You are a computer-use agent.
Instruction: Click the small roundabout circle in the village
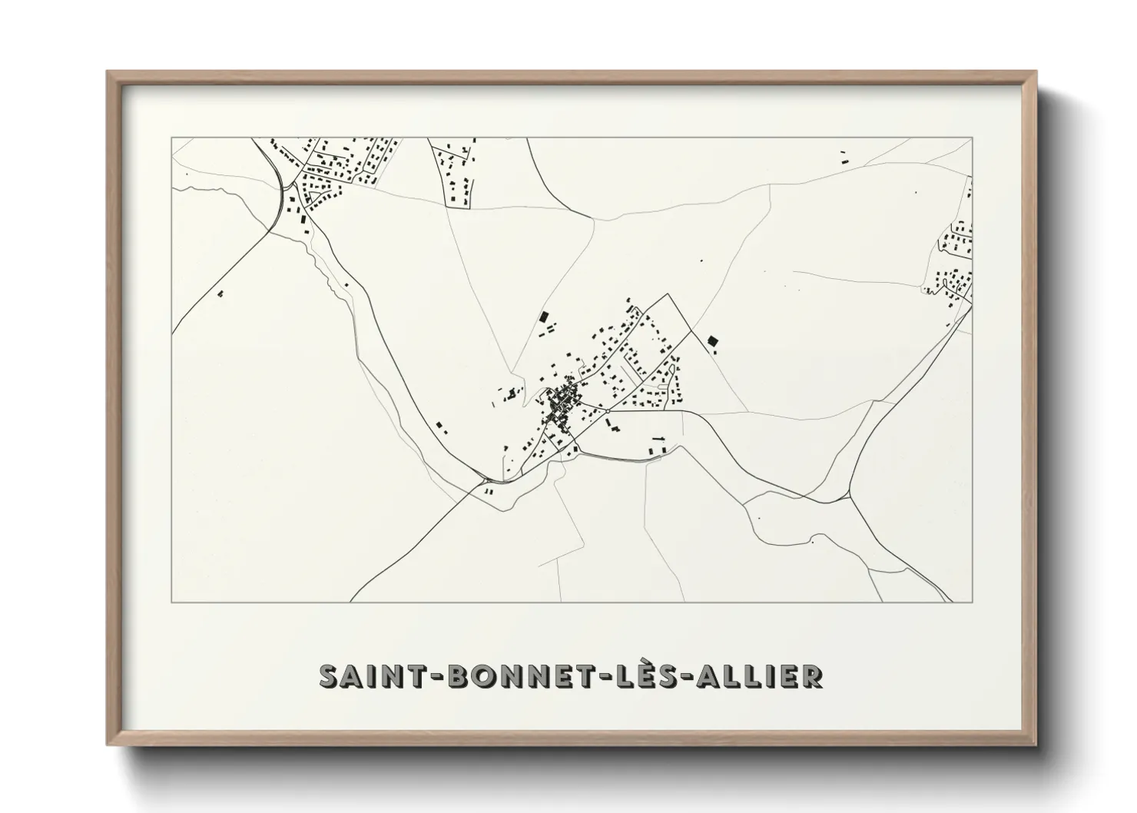point(607,412)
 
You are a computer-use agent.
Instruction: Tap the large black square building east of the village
point(711,340)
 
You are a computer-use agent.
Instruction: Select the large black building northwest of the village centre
point(545,317)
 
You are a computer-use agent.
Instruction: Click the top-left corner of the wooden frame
point(108,73)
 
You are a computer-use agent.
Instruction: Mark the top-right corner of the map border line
point(973,138)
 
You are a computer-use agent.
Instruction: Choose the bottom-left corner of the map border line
point(171,602)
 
